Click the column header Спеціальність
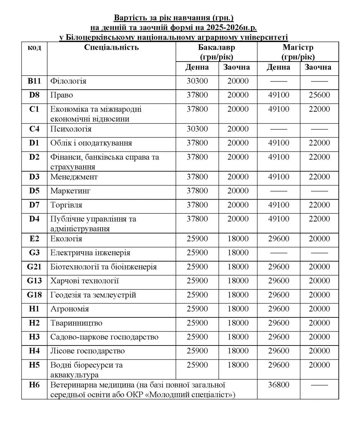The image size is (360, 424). tap(111, 48)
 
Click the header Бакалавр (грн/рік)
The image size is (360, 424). tap(216, 52)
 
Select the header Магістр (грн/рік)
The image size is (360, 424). tap(298, 52)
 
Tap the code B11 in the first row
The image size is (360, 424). tap(34, 81)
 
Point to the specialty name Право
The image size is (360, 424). tap(62, 95)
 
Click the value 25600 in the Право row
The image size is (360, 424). tap(319, 95)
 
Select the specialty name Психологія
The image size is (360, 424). tap(71, 129)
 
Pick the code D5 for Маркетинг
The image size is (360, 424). tap(34, 191)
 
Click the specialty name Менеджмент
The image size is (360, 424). tap(74, 177)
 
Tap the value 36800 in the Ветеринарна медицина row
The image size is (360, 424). tap(279, 385)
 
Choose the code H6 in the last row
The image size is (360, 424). tap(34, 385)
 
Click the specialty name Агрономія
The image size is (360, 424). tap(70, 309)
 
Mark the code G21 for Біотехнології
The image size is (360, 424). tap(34, 267)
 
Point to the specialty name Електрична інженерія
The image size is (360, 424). tap(90, 253)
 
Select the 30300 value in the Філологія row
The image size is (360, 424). tap(197, 81)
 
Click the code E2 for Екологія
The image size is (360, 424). tap(34, 239)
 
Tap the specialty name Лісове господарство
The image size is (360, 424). tap(87, 351)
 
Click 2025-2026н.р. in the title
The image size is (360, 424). tap(234, 27)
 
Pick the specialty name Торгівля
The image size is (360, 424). tap(66, 205)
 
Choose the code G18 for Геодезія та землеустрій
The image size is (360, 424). tap(34, 295)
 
